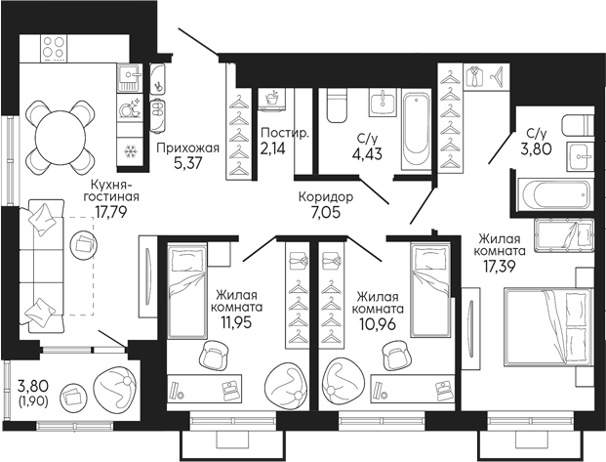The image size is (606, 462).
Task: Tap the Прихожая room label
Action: [x=186, y=148]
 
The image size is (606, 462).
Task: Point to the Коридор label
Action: [x=325, y=196]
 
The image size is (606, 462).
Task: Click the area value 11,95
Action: [x=230, y=321]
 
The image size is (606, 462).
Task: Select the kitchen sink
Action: [x=130, y=74]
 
